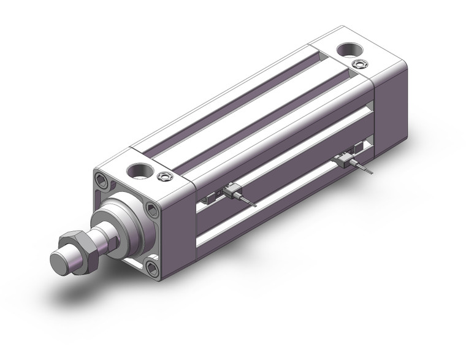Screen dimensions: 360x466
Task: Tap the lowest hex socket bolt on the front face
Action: pyautogui.click(x=150, y=267)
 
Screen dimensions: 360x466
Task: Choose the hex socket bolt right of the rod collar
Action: pyautogui.click(x=154, y=212)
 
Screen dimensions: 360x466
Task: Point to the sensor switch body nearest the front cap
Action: pyautogui.click(x=231, y=192)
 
